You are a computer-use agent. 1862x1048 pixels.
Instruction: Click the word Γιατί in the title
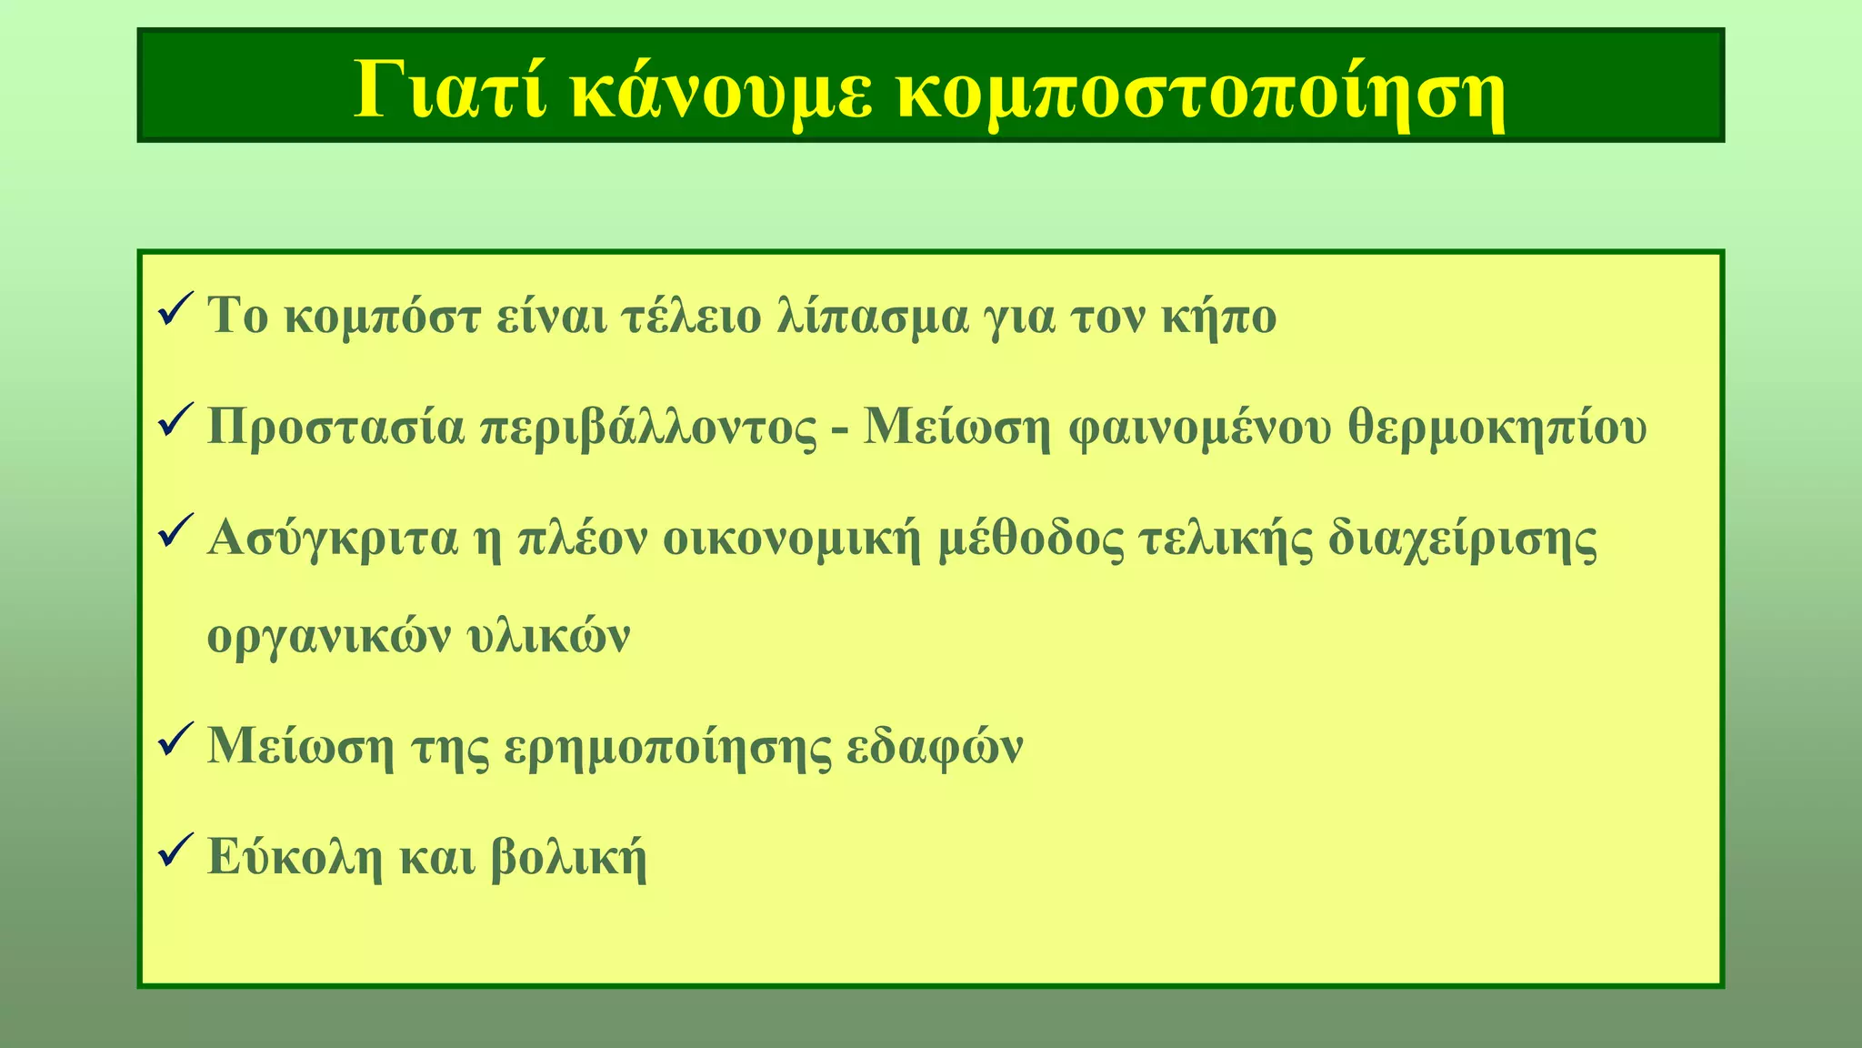point(450,91)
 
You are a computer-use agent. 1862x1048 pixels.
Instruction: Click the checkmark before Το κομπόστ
point(174,311)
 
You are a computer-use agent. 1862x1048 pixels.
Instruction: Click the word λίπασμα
point(873,317)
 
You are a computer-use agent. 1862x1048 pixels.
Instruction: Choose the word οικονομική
point(792,538)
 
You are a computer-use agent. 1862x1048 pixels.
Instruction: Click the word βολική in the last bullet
point(568,857)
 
